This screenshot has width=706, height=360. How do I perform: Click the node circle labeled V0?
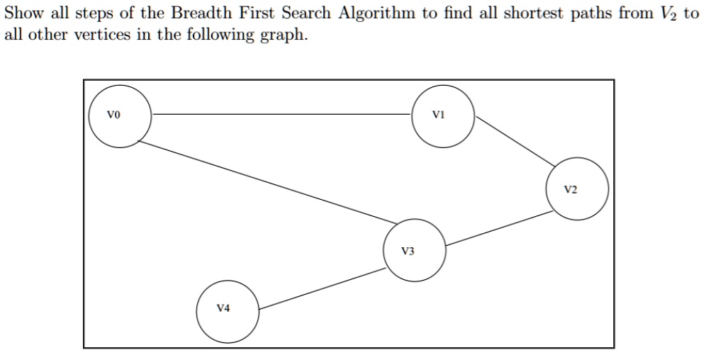[x=120, y=116]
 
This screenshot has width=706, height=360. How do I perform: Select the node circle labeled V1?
[x=443, y=116]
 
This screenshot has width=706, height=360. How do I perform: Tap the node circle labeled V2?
[x=576, y=189]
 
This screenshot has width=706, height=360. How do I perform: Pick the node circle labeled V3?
[x=415, y=251]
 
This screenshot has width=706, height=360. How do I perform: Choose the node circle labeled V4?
[x=227, y=311]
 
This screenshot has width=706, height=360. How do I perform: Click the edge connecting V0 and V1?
[x=281, y=114]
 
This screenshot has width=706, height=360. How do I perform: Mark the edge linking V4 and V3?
[x=322, y=289]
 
